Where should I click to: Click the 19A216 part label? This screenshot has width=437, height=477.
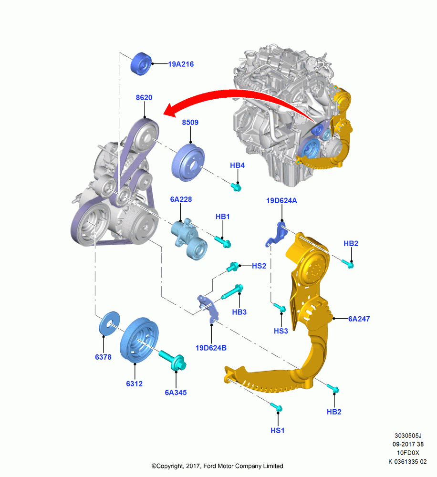[181, 64]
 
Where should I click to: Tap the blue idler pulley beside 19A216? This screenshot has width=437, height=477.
[141, 63]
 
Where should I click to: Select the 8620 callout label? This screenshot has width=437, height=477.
[144, 98]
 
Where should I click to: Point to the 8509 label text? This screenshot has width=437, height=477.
[190, 122]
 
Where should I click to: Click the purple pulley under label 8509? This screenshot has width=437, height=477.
[188, 163]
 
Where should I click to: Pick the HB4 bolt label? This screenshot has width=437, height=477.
[238, 165]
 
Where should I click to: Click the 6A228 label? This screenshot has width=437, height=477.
[181, 199]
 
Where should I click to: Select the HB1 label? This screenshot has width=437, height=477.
[222, 217]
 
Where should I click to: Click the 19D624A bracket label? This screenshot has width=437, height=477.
[281, 200]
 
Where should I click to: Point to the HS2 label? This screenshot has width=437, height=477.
[259, 266]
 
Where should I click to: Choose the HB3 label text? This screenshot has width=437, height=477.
[239, 312]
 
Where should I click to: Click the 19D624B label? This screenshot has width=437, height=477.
[211, 348]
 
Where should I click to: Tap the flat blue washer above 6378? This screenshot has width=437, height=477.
[110, 324]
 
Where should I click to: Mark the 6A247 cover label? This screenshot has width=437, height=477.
[359, 319]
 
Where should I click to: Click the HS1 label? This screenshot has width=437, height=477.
[278, 430]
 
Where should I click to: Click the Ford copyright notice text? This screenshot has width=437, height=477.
[217, 466]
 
